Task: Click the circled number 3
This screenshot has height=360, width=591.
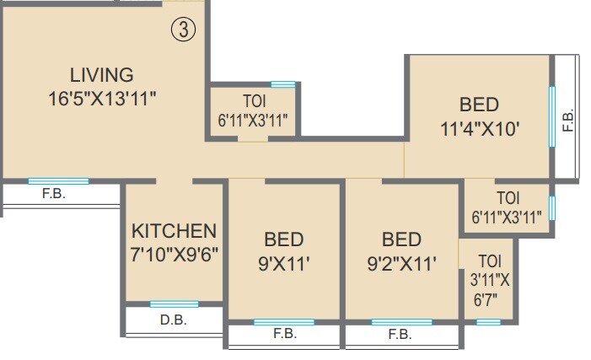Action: [x=183, y=30]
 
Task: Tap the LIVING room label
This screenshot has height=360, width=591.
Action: [x=101, y=74]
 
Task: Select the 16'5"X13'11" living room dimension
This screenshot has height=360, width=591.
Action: [x=102, y=97]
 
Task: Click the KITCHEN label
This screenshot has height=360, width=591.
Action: [x=175, y=231]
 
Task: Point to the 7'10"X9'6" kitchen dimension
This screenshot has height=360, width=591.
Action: [x=175, y=254]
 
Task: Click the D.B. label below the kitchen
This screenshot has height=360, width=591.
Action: [x=173, y=320]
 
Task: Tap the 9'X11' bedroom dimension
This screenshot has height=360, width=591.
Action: [x=284, y=263]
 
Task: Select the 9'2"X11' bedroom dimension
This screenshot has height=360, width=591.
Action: [x=402, y=263]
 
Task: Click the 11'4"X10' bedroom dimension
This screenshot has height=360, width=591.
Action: [x=479, y=129]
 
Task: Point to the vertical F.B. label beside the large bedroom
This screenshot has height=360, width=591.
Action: [x=567, y=121]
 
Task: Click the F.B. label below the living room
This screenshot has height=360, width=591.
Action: [x=54, y=193]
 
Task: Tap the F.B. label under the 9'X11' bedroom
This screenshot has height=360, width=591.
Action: [x=285, y=334]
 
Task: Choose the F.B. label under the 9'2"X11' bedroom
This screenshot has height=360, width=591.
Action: [x=400, y=334]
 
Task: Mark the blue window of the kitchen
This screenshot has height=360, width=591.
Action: [x=175, y=304]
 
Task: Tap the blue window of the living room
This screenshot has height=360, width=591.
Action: [x=57, y=181]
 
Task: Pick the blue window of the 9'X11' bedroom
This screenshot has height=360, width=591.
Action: [x=284, y=322]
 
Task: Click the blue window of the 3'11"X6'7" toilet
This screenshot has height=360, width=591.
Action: [x=488, y=322]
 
